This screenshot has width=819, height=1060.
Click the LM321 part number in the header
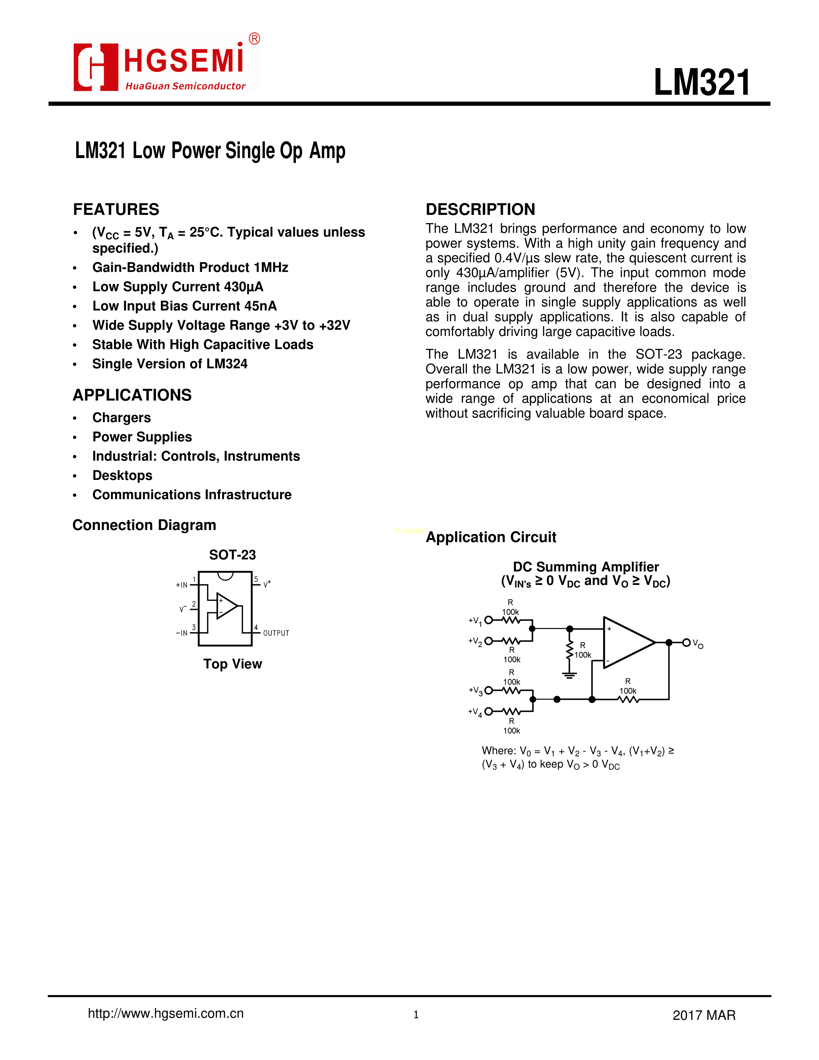[x=701, y=83]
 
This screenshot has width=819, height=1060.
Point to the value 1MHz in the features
[x=271, y=268]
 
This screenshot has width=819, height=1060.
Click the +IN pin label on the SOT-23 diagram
[x=181, y=585]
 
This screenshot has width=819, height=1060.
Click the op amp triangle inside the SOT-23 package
[x=226, y=606]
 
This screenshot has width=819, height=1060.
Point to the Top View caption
[x=233, y=664]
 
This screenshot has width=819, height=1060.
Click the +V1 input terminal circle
[x=489, y=620]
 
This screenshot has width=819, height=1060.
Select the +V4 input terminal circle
[x=489, y=711]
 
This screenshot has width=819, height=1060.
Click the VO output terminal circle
[x=686, y=643]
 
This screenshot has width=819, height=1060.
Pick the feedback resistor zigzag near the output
[x=628, y=699]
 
